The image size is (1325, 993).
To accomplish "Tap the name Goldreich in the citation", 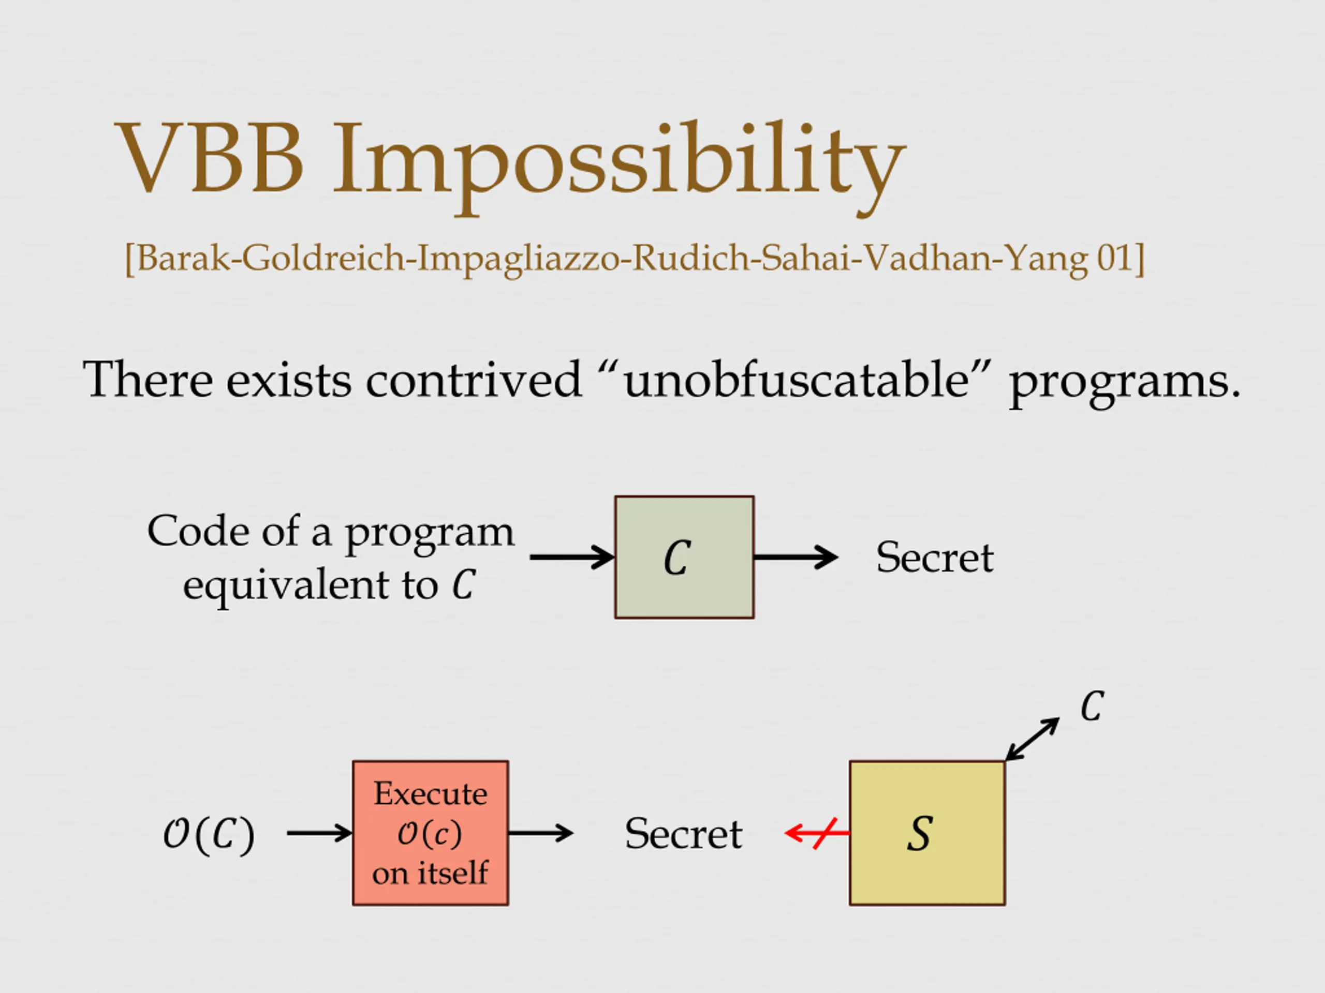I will tap(323, 258).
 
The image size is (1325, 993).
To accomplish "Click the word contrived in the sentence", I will tap(473, 380).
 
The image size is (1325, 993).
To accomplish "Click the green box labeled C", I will tap(684, 557).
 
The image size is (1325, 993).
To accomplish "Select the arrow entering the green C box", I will tap(571, 557).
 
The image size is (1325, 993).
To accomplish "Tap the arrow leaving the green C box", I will tap(796, 557).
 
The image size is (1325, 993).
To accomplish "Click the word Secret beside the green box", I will tap(934, 557).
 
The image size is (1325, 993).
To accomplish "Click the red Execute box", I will tap(430, 833).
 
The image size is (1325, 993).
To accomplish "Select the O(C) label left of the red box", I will tap(209, 834).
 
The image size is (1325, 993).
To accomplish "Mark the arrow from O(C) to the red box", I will tap(319, 833).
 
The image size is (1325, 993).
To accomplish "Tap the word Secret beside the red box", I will tap(683, 834).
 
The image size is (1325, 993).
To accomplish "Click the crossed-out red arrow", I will tap(817, 833).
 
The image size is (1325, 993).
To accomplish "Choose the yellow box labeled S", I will tap(926, 833).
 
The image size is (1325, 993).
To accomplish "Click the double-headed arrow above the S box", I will tap(1032, 739).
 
